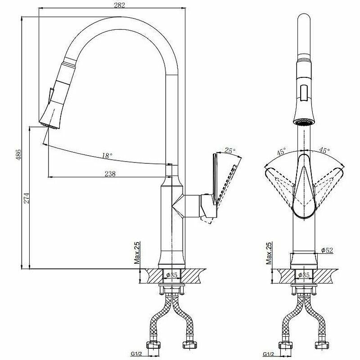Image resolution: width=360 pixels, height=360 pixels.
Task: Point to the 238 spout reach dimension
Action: (110, 174)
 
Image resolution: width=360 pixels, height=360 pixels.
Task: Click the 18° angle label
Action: (107, 156)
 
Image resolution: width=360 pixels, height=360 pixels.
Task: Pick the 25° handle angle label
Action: (230, 151)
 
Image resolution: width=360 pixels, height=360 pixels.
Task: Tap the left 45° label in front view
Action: (281, 152)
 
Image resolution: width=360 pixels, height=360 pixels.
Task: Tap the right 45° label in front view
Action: (324, 150)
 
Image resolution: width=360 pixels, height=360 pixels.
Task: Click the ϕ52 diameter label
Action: (327, 251)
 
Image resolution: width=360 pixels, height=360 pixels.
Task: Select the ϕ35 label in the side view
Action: (173, 275)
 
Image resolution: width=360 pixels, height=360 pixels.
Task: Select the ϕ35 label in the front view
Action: (305, 275)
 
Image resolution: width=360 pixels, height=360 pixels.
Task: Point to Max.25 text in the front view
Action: (269, 253)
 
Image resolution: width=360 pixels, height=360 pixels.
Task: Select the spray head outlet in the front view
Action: (304, 120)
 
